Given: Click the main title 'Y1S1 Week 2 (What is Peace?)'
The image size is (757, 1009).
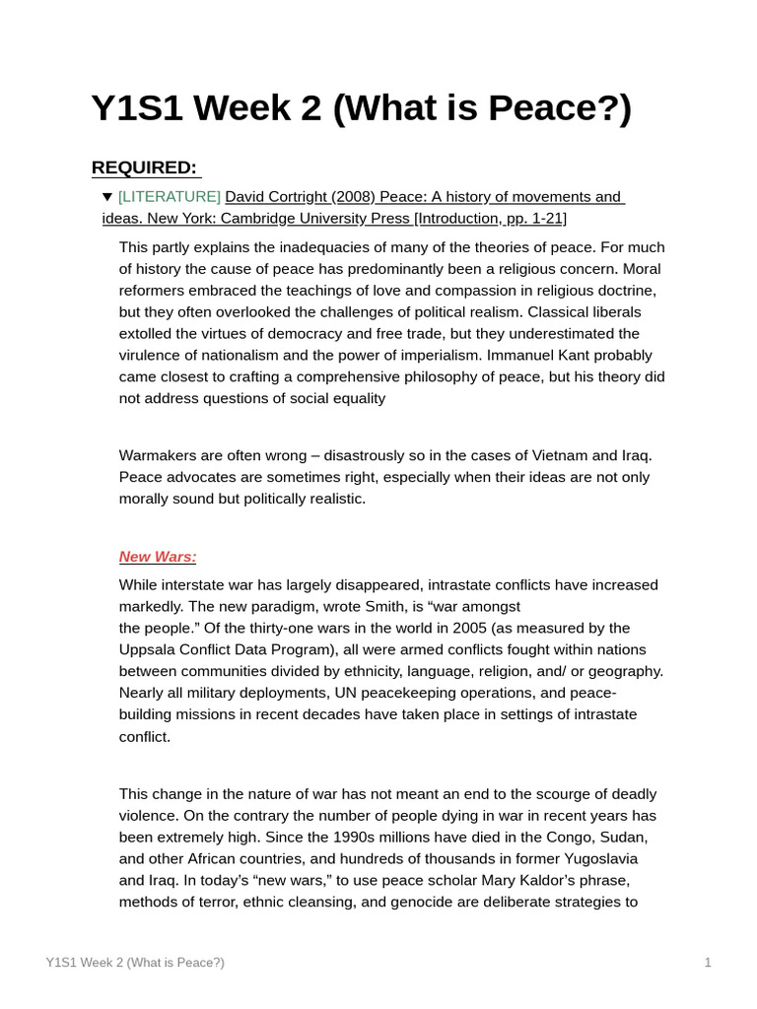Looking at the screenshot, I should tap(361, 108).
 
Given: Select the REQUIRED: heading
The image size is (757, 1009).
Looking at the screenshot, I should tap(145, 168).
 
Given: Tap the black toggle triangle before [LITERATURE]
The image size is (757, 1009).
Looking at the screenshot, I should tap(107, 197).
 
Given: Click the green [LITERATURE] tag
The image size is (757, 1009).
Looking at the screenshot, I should tap(170, 197).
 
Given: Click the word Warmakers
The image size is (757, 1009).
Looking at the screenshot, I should tap(161, 455).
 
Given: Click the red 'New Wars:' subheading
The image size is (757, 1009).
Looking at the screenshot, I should tap(158, 557).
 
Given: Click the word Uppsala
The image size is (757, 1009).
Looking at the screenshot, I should tap(149, 650).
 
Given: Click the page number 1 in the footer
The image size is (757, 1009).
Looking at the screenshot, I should tap(708, 963).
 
